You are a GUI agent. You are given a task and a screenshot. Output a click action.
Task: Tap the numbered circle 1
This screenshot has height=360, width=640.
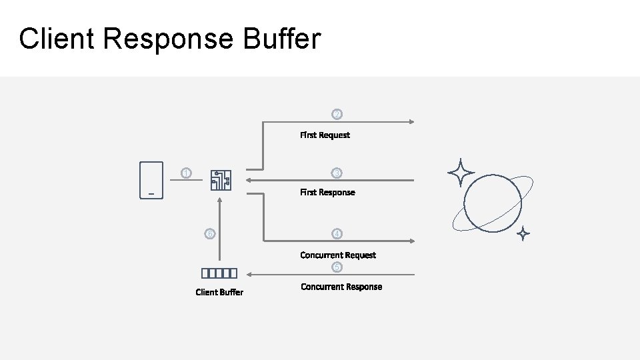[187, 174]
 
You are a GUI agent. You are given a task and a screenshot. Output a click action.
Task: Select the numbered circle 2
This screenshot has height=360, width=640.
[337, 115]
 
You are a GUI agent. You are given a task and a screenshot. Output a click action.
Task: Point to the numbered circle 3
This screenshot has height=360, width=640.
[337, 173]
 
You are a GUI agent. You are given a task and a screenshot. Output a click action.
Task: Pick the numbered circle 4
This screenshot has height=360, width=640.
[337, 234]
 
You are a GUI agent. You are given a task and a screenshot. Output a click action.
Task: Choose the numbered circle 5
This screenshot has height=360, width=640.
[337, 267]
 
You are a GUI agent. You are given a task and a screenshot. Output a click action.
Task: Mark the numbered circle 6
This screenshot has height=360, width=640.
[210, 234]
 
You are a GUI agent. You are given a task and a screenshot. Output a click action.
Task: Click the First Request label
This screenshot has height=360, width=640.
[325, 135]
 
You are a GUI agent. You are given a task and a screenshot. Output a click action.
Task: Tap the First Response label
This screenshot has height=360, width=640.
[327, 193]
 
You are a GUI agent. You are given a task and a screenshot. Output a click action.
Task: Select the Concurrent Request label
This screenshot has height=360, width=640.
[338, 255]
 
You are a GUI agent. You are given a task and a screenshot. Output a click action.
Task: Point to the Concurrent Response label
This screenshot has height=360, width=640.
[341, 287]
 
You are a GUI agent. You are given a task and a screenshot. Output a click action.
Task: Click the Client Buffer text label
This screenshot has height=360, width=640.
[219, 292]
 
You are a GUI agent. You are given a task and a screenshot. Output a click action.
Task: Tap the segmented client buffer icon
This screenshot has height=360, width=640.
[219, 273]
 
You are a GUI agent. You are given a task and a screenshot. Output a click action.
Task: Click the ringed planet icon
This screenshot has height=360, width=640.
[493, 203]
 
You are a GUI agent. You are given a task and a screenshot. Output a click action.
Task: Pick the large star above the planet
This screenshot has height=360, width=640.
[461, 173]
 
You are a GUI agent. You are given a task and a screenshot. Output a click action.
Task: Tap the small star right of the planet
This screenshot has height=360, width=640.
[523, 233]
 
